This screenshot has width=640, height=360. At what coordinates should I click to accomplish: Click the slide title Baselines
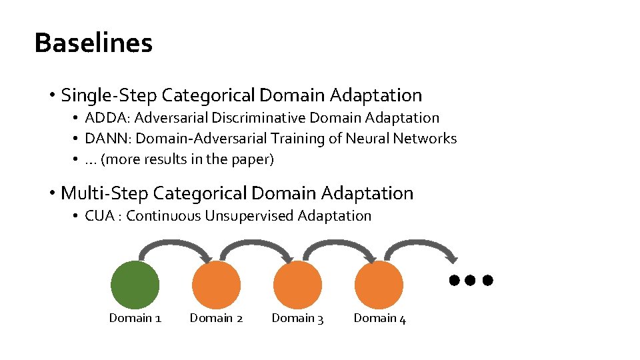[93, 43]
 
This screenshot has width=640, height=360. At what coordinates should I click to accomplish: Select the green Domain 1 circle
[135, 285]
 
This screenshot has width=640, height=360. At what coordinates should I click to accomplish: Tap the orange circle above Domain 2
[217, 285]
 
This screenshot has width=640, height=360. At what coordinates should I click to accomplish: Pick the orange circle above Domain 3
[297, 285]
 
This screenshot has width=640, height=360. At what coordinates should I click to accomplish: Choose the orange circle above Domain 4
[379, 285]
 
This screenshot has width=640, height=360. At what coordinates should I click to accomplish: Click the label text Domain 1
[135, 319]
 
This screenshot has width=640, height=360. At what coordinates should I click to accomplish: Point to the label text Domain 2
[217, 319]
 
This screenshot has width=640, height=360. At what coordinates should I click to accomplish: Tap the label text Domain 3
[297, 319]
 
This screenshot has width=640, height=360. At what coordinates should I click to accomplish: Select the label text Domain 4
[379, 319]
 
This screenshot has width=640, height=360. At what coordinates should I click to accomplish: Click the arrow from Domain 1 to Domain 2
[176, 245]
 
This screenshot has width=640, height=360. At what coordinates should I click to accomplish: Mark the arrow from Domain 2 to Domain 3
[257, 245]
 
